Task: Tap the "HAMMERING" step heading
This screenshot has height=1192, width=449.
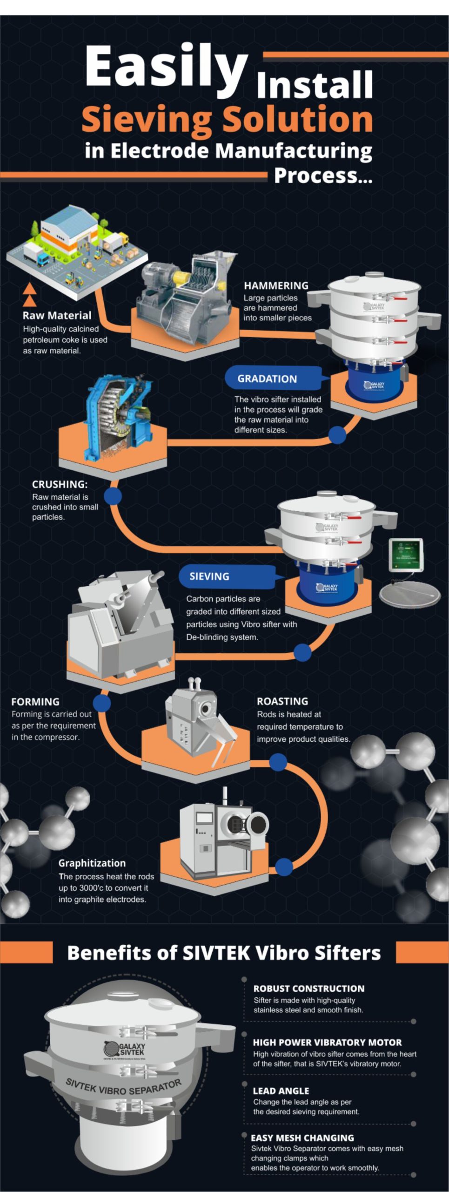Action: [276, 286]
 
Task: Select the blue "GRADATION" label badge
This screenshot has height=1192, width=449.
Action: [267, 379]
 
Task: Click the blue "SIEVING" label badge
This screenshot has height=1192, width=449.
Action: [209, 576]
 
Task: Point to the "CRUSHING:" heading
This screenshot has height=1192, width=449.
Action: [60, 484]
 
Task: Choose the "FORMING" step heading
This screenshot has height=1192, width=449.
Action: [35, 702]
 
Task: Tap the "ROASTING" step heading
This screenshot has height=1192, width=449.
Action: [282, 701]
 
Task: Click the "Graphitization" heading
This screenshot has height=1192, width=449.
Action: [92, 863]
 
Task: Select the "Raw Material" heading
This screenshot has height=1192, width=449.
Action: [57, 315]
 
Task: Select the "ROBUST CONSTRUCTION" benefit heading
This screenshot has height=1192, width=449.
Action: [308, 989]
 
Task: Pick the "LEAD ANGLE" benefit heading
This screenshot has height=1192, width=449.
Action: [281, 1090]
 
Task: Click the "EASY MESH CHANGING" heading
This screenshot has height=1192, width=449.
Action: [302, 1138]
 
